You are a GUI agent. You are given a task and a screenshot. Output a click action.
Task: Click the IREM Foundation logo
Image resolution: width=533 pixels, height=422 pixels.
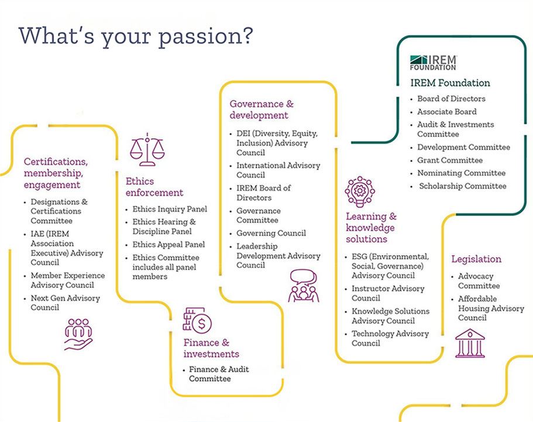434,63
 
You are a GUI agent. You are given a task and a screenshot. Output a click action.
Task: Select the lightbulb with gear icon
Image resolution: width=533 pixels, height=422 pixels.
360,192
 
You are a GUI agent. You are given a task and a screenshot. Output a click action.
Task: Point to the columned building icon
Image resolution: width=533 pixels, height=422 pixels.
470,343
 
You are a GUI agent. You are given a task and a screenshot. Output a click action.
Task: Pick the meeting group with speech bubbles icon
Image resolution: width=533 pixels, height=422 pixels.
303,286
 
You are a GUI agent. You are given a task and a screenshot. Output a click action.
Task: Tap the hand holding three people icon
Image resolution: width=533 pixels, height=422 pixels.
78,334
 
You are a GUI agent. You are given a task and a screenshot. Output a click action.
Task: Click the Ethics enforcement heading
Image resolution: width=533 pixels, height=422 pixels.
154,187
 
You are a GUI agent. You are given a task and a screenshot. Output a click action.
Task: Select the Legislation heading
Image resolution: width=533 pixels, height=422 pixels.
476,259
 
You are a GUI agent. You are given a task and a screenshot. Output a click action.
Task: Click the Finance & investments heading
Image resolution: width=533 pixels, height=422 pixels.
211,348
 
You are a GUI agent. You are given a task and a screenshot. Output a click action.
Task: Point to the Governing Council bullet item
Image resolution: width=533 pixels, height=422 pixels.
271,234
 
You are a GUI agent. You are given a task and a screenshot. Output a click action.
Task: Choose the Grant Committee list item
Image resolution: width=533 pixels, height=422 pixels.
450,160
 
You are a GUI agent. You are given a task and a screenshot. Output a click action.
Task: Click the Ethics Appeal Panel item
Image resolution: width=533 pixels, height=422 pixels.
169,245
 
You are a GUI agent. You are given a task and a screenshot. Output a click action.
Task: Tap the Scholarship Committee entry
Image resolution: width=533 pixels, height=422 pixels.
463,186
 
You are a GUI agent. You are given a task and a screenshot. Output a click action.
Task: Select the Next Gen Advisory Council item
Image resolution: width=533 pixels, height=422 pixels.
66,303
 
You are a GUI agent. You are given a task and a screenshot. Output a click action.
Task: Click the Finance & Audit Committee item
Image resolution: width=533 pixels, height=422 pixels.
219,374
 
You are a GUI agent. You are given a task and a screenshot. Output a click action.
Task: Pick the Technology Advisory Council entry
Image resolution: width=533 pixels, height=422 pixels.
390,338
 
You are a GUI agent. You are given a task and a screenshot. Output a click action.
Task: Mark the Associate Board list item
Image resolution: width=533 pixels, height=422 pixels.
446,112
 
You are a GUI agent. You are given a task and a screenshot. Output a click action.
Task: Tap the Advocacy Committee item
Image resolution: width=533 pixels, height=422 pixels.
479,281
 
